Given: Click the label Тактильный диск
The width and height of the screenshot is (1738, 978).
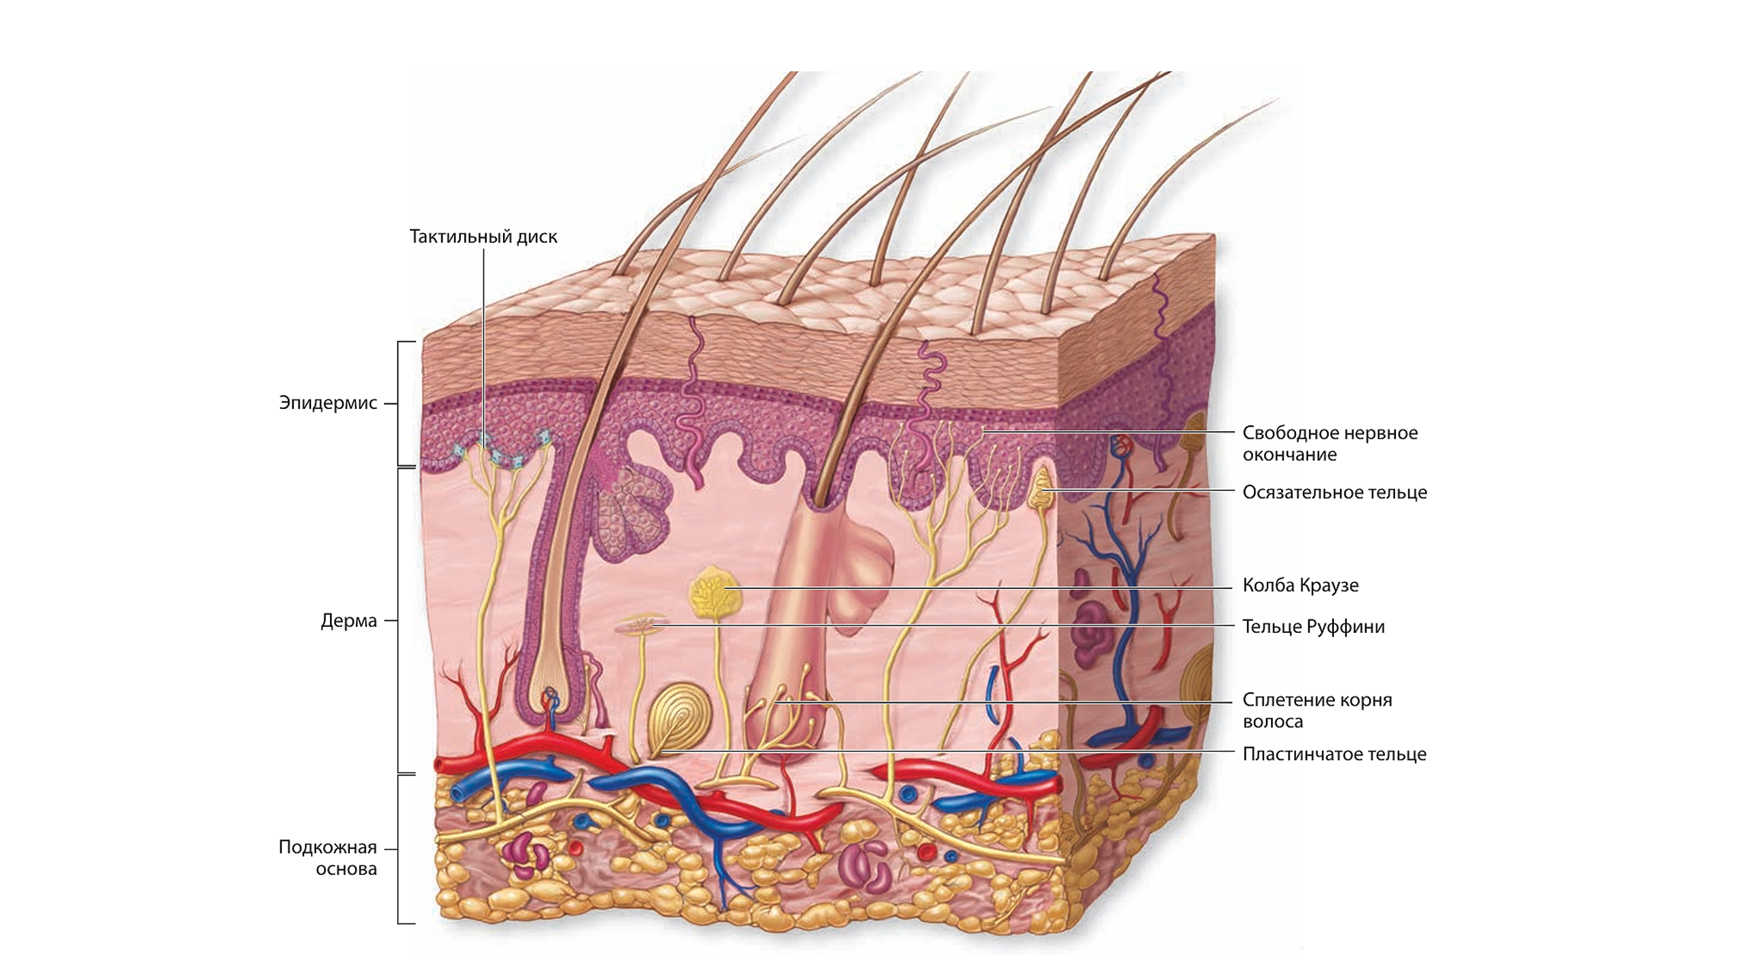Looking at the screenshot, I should pos(483,236).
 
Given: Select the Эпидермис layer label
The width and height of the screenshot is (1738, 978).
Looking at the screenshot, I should pos(328,403).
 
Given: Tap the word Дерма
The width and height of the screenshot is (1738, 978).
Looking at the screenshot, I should pos(348,621).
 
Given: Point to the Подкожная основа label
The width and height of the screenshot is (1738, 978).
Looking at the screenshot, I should pos(328,858).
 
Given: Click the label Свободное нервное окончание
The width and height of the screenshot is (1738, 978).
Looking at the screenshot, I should pos(1329,443).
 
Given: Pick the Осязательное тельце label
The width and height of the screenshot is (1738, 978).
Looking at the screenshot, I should pos(1334,492).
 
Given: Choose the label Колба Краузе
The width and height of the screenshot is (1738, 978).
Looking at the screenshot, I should pos(1300,585).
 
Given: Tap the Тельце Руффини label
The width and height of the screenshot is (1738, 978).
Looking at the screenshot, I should pos(1313,627).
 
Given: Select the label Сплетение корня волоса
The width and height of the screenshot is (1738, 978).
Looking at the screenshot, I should pos(1316,710).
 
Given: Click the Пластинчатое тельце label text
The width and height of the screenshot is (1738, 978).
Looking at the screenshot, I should pos(1334,754).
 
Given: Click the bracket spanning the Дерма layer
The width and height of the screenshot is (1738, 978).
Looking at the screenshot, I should pos(399,620).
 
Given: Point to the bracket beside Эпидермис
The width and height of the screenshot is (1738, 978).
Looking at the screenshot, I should pos(399,403).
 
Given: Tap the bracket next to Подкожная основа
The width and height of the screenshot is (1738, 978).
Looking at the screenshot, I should pos(399,849).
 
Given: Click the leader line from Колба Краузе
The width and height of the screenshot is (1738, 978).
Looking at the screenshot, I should pos(984,587).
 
